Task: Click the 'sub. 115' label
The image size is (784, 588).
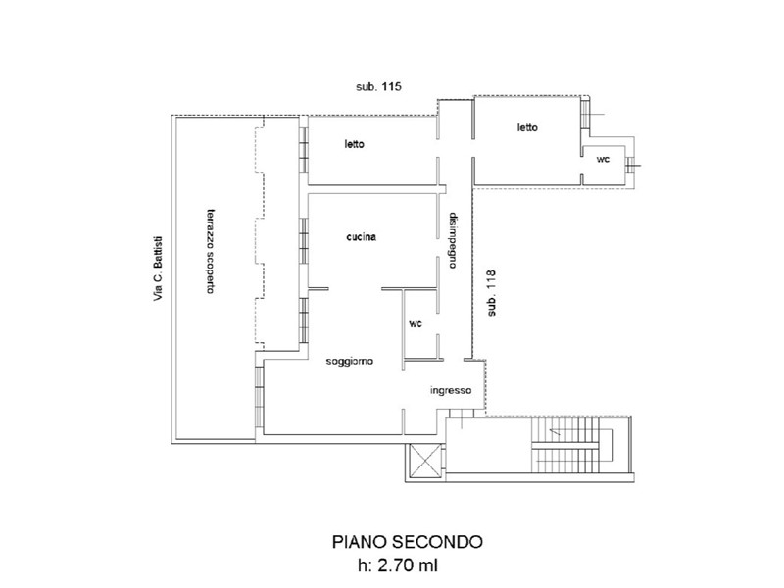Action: point(378,86)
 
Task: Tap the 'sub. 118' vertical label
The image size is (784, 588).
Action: point(492,293)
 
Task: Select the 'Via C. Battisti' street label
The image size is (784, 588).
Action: point(158,269)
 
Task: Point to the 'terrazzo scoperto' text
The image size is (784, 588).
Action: point(212,251)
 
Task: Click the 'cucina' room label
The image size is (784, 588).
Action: point(362,237)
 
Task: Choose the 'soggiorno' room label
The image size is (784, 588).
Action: point(350,361)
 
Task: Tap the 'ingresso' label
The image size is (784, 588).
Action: point(451,390)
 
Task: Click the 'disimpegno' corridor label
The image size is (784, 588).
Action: point(453,240)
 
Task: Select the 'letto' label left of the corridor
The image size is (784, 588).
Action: point(355,144)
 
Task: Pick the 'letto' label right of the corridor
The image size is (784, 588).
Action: point(527,127)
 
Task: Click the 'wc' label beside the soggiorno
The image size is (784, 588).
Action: point(416,324)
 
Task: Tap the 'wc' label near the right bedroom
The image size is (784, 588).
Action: point(603,159)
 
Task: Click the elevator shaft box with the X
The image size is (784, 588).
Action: point(424,461)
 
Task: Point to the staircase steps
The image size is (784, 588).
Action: point(565,445)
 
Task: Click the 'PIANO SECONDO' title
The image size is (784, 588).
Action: point(408,542)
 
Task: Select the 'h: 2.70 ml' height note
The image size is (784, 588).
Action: point(398,565)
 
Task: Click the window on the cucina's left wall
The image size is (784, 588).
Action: point(303,239)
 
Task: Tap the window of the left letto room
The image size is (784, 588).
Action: point(303,150)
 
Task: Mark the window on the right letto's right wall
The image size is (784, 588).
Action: point(585,114)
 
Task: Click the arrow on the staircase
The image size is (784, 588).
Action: point(554,431)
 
